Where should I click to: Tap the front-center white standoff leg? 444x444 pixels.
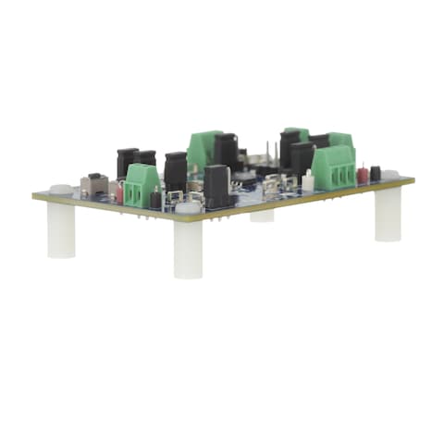coord(188,248)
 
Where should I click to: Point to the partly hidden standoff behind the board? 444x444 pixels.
coord(263,216)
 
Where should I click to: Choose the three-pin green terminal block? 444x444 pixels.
coord(333,167)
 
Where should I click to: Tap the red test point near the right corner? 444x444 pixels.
coord(363,173)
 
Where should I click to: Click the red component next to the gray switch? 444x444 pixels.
coord(117,192)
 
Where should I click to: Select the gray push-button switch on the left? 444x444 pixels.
coord(92,184)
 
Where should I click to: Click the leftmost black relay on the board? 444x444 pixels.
coord(127,162)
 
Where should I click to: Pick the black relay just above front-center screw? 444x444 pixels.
coord(216,185)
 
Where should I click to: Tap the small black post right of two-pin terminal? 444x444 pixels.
coord(155,199)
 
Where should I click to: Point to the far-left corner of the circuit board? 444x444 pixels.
coord(34,195)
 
